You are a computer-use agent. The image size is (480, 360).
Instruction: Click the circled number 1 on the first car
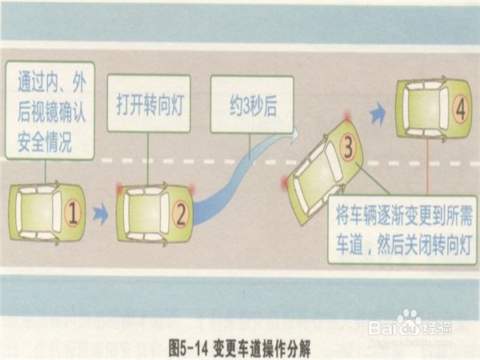click(73, 213)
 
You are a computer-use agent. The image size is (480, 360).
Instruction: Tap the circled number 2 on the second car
click(182, 214)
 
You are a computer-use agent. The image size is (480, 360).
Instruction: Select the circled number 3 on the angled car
click(348, 146)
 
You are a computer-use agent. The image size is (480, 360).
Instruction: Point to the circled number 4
click(459, 110)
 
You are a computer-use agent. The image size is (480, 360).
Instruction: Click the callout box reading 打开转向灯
click(149, 103)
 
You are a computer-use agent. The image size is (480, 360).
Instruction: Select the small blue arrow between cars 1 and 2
click(100, 214)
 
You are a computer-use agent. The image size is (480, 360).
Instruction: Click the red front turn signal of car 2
click(192, 190)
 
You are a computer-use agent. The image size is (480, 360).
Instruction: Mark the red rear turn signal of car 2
click(120, 190)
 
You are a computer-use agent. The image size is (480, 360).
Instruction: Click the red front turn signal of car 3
click(346, 117)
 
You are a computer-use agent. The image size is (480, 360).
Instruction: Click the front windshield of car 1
click(57, 213)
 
